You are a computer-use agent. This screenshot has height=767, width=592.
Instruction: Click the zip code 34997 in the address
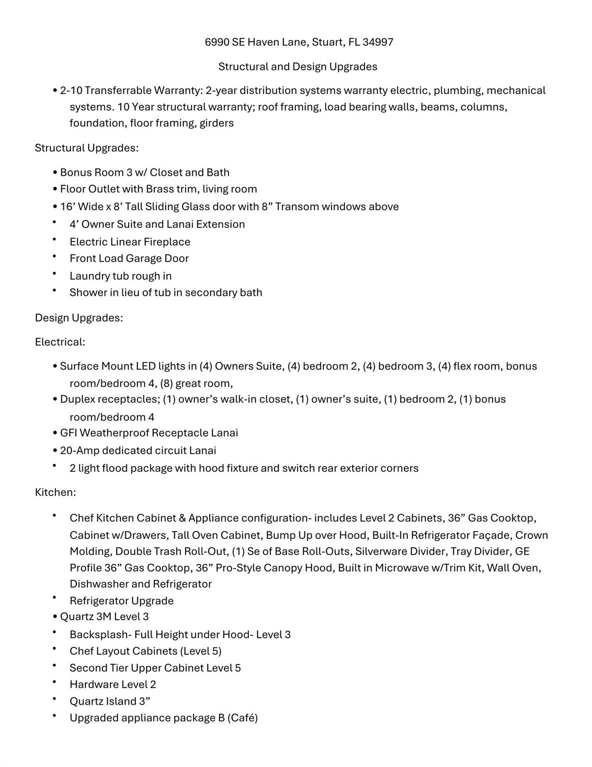point(378,42)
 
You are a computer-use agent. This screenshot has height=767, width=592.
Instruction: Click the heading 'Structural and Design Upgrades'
point(297,66)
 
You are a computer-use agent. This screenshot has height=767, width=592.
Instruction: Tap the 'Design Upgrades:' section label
point(79,318)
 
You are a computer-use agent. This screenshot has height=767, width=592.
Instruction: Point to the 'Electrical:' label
point(60,342)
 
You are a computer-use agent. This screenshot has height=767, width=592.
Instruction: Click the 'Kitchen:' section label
point(55,492)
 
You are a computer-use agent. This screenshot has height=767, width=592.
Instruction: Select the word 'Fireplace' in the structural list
point(167,242)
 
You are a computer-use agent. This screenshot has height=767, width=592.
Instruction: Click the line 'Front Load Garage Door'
point(129,258)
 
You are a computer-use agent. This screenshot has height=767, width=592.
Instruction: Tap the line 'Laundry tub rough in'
point(120,276)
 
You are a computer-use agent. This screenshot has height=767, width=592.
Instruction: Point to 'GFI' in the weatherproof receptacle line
point(68,432)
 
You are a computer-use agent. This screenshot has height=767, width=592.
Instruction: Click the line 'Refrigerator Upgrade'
point(121,601)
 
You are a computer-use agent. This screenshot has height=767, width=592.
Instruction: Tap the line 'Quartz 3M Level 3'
point(104,616)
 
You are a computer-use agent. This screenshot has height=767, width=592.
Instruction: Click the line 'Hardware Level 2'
point(113,684)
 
